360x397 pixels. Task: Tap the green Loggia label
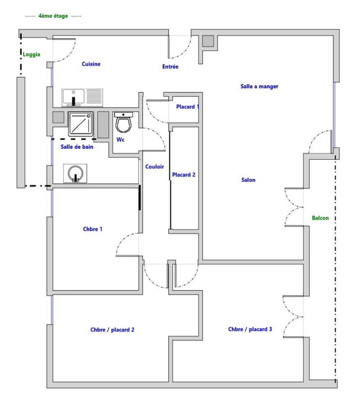point(31,55)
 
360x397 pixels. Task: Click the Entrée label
point(170,67)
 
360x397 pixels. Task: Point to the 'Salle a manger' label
point(259,86)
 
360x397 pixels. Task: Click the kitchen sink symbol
point(74,97)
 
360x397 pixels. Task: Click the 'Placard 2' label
point(184,175)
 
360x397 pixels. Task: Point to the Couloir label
point(154,167)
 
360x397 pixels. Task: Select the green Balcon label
point(320,218)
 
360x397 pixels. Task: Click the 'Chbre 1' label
point(93,229)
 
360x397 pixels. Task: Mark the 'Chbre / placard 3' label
point(250,329)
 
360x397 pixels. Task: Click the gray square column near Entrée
point(207,41)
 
